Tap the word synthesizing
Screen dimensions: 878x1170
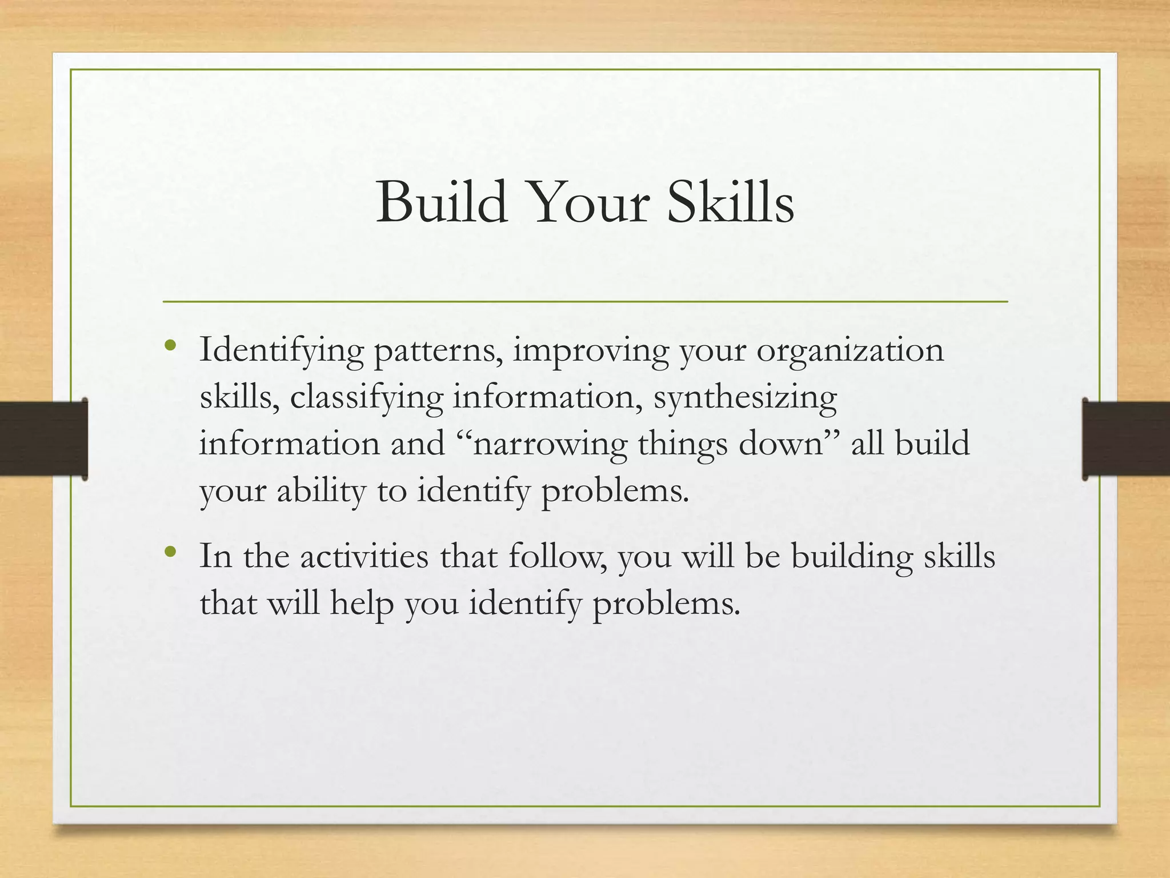(745, 397)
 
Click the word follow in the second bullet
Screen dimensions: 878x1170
(551, 556)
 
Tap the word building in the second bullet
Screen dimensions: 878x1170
(851, 556)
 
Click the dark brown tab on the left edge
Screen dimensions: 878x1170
(43, 438)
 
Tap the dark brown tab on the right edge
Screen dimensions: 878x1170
(1125, 438)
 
